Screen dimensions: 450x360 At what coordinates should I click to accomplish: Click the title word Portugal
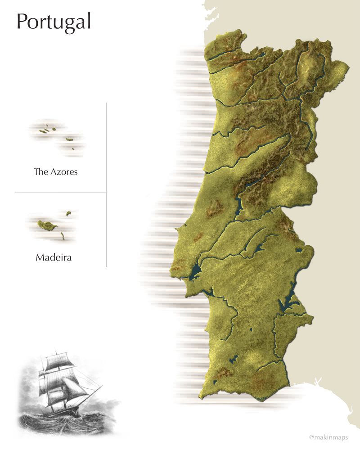click(54, 22)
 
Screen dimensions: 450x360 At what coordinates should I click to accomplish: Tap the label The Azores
click(56, 172)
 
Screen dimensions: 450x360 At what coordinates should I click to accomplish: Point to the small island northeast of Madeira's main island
click(69, 213)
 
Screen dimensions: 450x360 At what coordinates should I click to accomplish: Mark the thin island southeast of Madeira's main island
click(63, 236)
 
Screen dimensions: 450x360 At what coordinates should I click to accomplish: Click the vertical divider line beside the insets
click(106, 184)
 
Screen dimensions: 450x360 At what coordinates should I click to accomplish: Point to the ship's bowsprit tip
click(103, 386)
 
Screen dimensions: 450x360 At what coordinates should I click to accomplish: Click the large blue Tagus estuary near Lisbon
click(196, 271)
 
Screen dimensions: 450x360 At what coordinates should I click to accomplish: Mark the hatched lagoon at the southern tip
click(261, 399)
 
